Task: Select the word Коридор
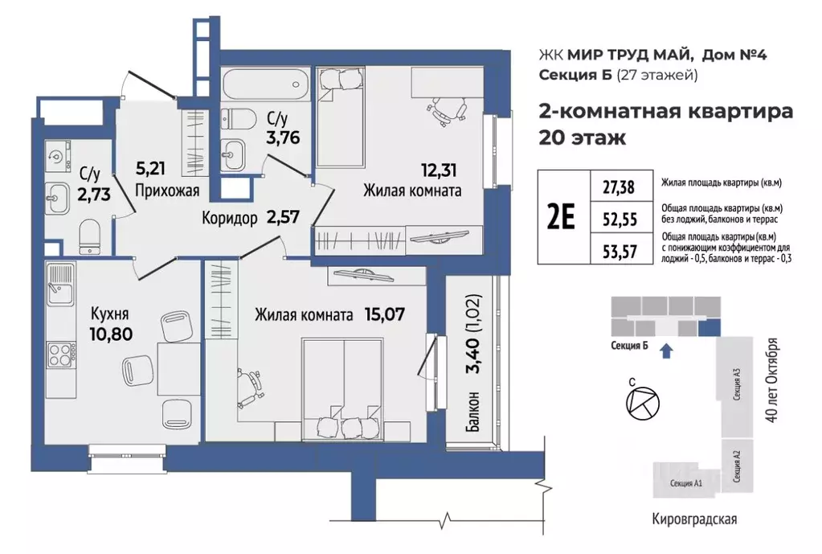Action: (229, 217)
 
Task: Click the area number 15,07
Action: (381, 315)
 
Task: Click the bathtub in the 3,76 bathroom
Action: (264, 83)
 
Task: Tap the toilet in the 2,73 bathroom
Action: (90, 236)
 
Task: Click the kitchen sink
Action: (59, 285)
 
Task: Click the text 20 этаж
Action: (581, 137)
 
